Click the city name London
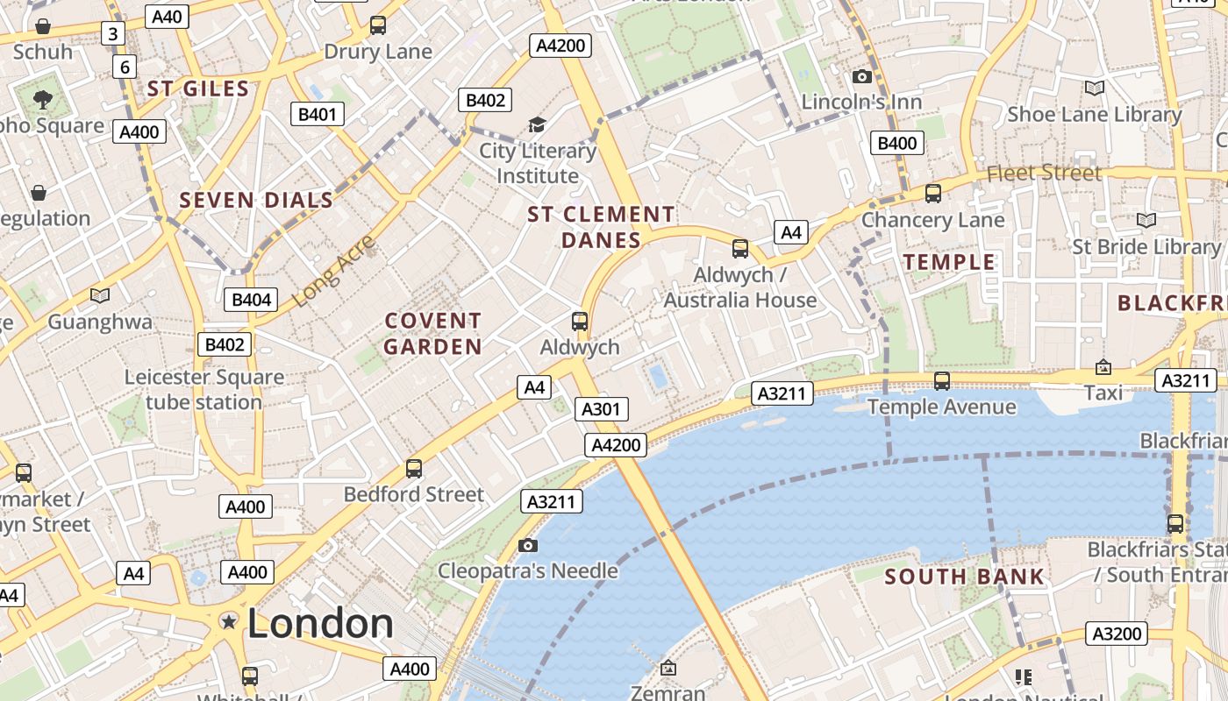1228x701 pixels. pyautogui.click(x=320, y=623)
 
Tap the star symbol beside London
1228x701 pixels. pyautogui.click(x=229, y=621)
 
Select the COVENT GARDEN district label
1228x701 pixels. pyautogui.click(x=433, y=334)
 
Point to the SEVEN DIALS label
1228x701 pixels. pyautogui.click(x=257, y=200)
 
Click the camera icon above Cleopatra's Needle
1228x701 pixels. pyautogui.click(x=527, y=545)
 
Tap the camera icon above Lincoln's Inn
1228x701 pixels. pyautogui.click(x=862, y=76)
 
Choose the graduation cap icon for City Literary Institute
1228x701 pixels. pyautogui.click(x=537, y=125)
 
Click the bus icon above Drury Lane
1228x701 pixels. pyautogui.click(x=378, y=25)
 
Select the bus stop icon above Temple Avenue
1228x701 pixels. pyautogui.click(x=942, y=381)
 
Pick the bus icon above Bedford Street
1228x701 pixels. pyautogui.click(x=414, y=469)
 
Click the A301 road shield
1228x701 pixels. pyautogui.click(x=602, y=409)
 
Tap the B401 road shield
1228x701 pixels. pyautogui.click(x=318, y=114)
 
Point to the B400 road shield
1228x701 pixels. pyautogui.click(x=897, y=143)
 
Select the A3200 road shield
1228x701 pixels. pyautogui.click(x=1117, y=634)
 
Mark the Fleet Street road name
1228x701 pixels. pyautogui.click(x=1044, y=173)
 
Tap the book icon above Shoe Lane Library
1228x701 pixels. pyautogui.click(x=1094, y=88)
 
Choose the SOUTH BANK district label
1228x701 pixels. pyautogui.click(x=964, y=577)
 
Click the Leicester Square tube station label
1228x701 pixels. pyautogui.click(x=203, y=390)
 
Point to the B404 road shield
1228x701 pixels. pyautogui.click(x=252, y=300)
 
